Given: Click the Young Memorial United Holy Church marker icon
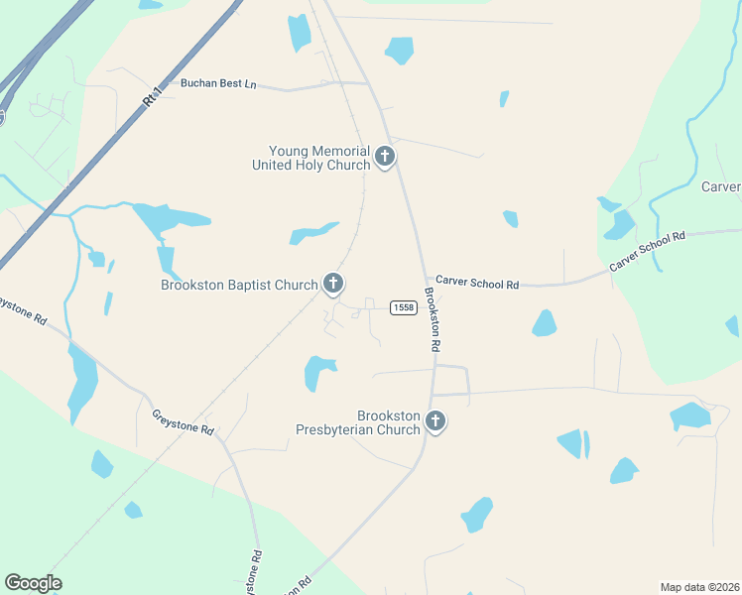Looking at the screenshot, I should coord(385,156).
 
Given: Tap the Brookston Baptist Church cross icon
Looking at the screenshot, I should coord(333,285).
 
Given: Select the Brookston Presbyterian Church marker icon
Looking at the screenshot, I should coord(434,421).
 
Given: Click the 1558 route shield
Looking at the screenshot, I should coord(403,307).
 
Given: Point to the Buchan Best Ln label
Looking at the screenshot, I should coord(218,83).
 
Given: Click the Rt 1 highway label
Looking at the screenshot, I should coord(152,96).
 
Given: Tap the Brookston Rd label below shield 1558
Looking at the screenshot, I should coord(433,319).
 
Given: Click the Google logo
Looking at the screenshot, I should coord(33,583).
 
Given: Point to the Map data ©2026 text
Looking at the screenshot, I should coord(699,587).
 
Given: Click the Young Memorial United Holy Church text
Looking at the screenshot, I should coord(312,158).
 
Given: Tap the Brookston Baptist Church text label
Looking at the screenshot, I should coord(239,286).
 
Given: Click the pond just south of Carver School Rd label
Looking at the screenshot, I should coord(544,323).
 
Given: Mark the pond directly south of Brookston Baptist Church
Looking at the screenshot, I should coord(319,372).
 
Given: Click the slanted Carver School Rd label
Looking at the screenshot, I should coord(647,252).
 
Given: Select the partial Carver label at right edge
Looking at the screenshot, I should coord(721,186).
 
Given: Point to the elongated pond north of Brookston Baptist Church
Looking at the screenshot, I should coord(313,234).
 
